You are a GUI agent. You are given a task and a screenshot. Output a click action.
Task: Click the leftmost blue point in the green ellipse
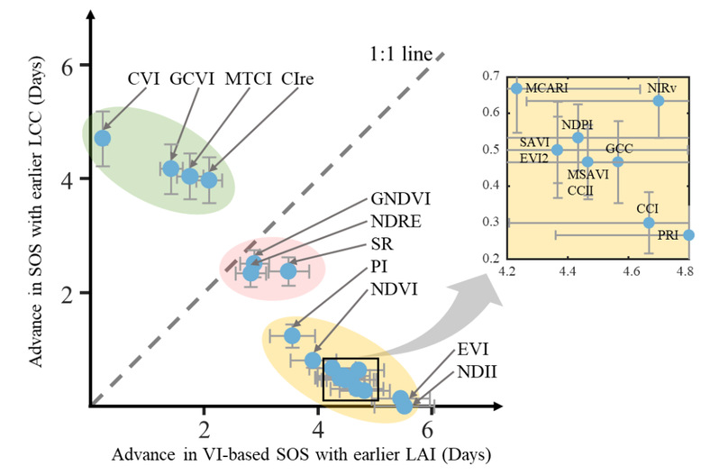[x=103, y=138]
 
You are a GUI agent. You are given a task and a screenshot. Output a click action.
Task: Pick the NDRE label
[x=395, y=221]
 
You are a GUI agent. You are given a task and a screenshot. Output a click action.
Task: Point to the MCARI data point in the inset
[x=516, y=88]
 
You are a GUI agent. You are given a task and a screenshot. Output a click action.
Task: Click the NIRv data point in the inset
[x=659, y=100]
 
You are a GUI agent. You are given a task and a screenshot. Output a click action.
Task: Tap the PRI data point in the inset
[x=689, y=234]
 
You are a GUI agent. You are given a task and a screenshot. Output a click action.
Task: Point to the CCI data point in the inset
[x=649, y=223]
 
